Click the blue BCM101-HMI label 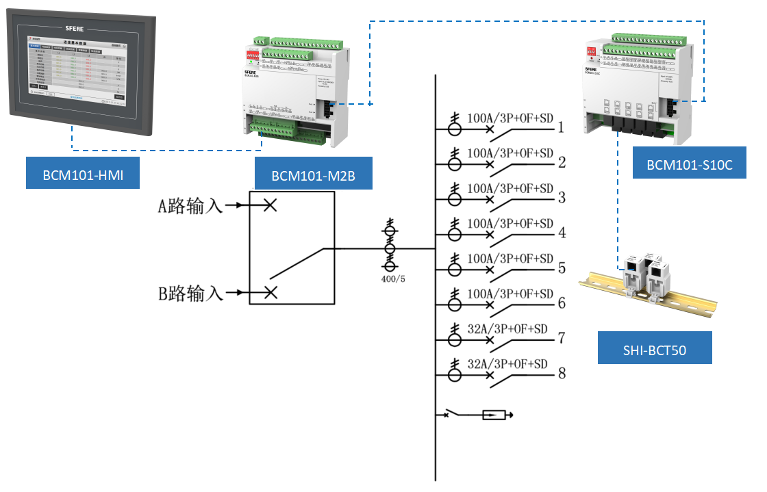point(82,174)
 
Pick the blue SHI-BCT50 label point(655,350)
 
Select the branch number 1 point(561,127)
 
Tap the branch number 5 point(562,268)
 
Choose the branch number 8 point(562,374)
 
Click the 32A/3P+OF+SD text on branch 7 point(507,328)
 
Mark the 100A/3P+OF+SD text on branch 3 point(510,188)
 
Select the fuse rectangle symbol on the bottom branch point(494,415)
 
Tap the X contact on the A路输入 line point(271,205)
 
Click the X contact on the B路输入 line point(271,293)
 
